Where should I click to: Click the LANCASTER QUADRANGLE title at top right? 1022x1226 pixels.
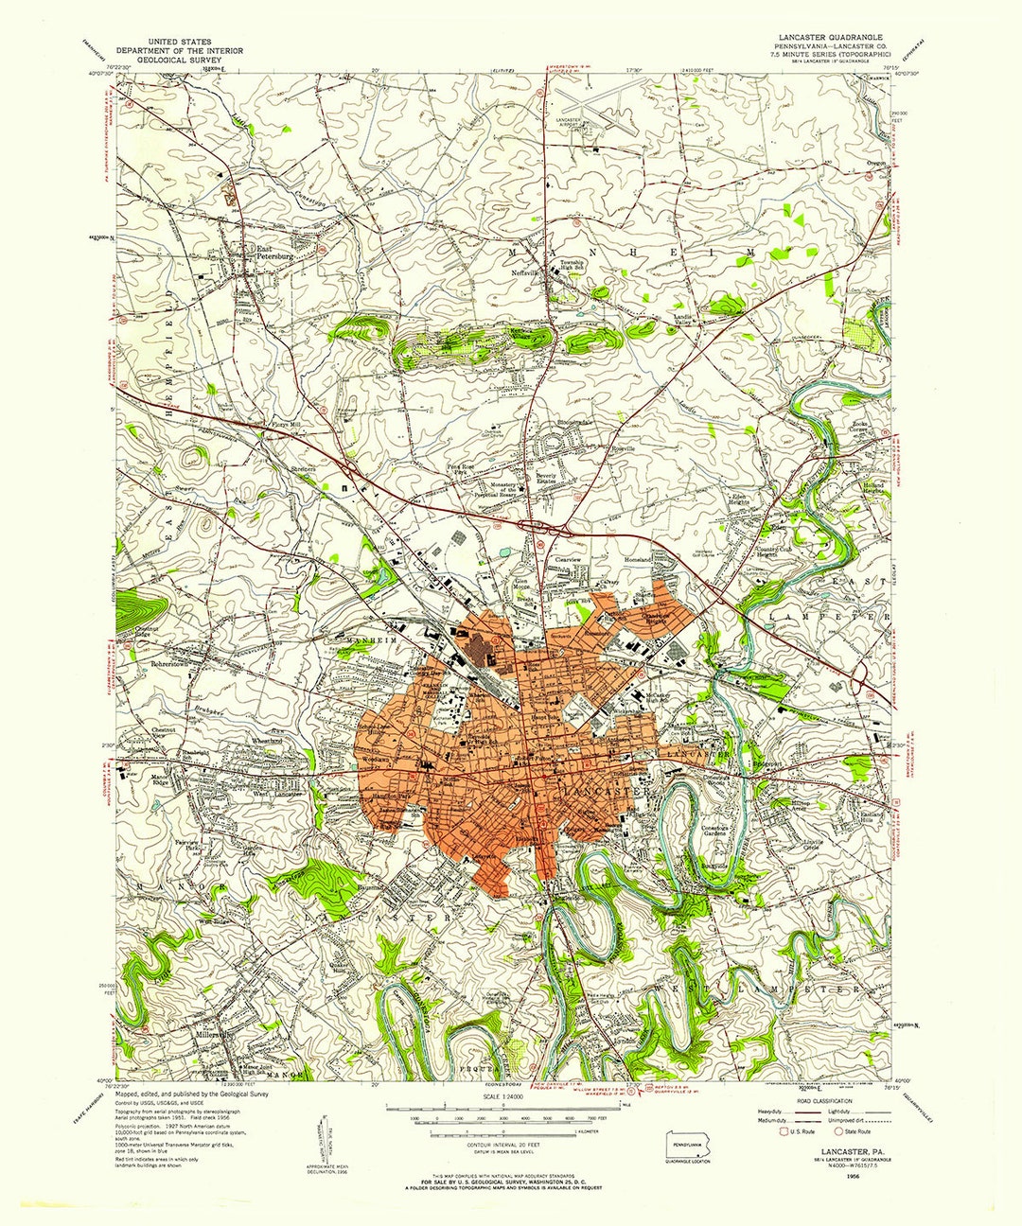pos(824,37)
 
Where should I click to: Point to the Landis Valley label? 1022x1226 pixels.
pos(684,321)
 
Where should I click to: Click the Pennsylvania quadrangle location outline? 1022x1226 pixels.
pos(687,1143)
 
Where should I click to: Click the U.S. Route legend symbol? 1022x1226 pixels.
pos(783,1131)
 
